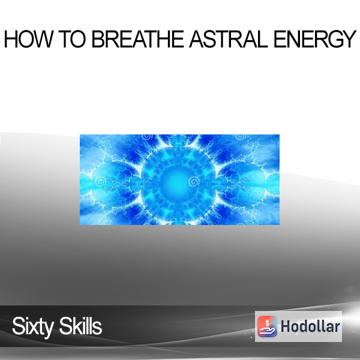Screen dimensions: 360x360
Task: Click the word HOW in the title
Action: click(x=28, y=39)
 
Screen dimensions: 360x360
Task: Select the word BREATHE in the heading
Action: click(x=138, y=39)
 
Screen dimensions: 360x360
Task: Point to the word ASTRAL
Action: click(x=229, y=39)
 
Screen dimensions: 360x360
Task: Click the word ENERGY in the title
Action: click(x=315, y=39)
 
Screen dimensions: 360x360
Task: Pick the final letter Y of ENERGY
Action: click(x=348, y=39)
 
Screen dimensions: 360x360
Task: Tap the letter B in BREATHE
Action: click(x=98, y=39)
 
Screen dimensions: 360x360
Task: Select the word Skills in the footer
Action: click(x=80, y=326)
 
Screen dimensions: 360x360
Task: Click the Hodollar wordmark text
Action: click(x=310, y=326)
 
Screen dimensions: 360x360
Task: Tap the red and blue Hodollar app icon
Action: click(x=267, y=326)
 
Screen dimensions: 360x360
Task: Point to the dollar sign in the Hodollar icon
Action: click(x=267, y=323)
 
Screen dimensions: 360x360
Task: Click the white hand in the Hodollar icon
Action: click(x=268, y=331)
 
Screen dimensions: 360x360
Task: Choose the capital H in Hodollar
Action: click(x=286, y=326)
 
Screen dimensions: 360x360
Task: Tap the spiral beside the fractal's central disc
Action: click(x=194, y=182)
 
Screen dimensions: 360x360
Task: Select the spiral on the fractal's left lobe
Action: click(x=100, y=182)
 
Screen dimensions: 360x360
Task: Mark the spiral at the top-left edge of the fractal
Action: click(x=147, y=137)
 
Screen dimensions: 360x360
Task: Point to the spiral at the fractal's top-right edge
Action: click(x=241, y=137)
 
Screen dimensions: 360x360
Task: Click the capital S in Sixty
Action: click(x=19, y=326)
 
